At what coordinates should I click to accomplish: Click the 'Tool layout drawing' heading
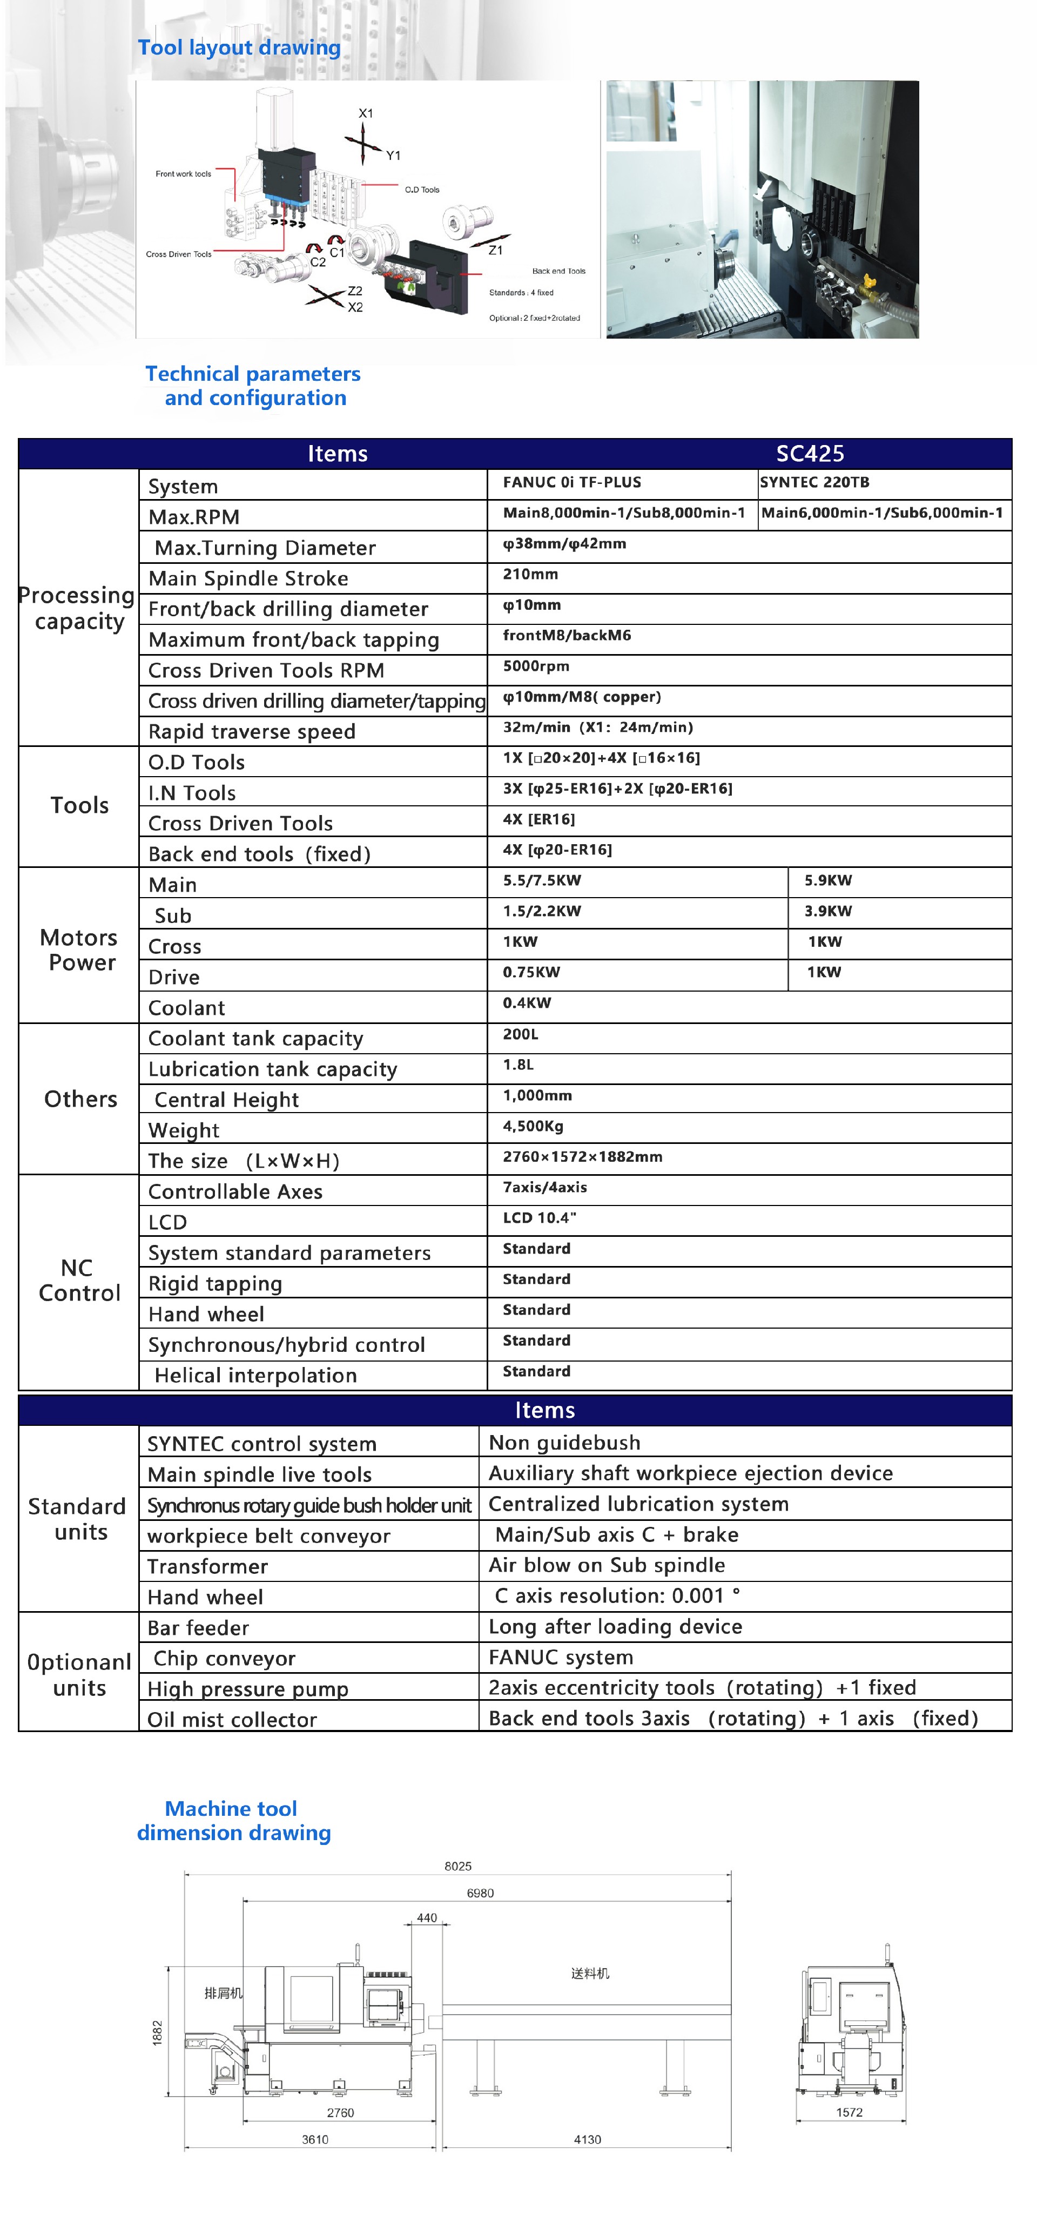239,48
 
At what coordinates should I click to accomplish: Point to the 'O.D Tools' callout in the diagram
422,189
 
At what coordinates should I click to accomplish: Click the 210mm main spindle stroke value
530,575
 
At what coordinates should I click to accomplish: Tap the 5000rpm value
536,666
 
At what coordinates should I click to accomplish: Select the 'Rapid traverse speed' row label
252,732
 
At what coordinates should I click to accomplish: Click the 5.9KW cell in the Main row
828,881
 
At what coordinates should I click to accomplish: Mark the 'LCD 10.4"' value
539,1218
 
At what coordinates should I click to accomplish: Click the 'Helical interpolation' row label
255,1376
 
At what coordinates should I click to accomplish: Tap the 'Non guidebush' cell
564,1443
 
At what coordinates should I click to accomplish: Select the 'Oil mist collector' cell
232,1720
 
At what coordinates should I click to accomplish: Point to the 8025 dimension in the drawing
457,1866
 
